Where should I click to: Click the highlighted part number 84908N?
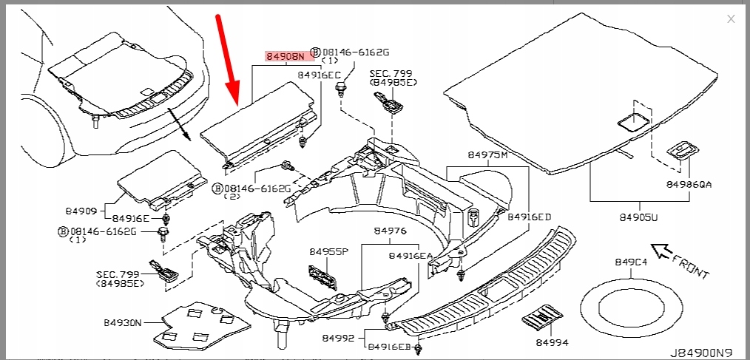pyautogui.click(x=284, y=56)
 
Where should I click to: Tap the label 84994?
pyautogui.click(x=553, y=343)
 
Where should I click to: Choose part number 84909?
pyautogui.click(x=81, y=210)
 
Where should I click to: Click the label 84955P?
pyautogui.click(x=328, y=251)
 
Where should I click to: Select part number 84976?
pyautogui.click(x=391, y=231)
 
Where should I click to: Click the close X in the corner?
pyautogui.click(x=731, y=19)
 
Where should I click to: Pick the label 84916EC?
pyautogui.click(x=319, y=75)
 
